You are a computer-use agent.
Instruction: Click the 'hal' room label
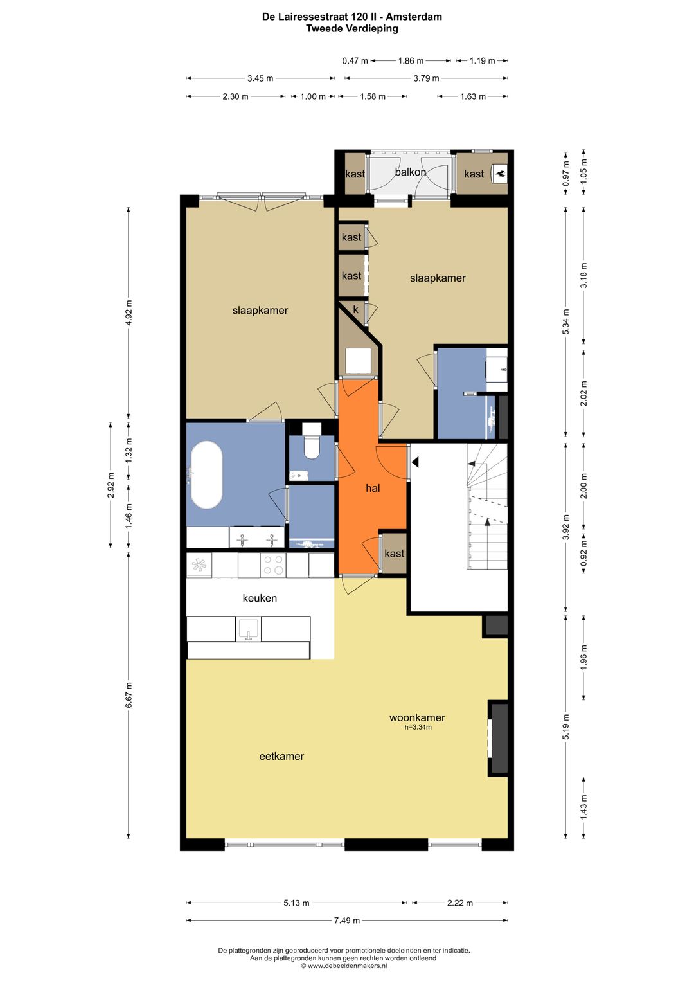pos(373,488)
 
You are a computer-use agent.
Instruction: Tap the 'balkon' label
pos(410,172)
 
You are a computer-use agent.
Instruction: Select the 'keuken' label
pos(260,598)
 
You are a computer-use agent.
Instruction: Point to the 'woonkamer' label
pos(417,717)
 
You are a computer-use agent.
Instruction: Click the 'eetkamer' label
pos(281,756)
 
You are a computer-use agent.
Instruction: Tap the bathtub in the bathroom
pos(206,474)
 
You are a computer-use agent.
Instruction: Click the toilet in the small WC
pos(312,442)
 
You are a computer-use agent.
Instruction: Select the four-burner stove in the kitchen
pos(273,565)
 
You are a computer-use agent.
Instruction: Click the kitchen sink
pos(249,629)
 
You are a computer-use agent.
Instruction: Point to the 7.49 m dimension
pos(347,920)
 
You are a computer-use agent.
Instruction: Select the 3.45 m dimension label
pos(260,78)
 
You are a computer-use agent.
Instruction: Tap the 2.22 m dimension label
pos(459,903)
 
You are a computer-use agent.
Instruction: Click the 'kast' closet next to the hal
pos(394,553)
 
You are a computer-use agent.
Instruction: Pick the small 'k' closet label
pos(355,310)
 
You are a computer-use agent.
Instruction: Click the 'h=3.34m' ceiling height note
pos(418,727)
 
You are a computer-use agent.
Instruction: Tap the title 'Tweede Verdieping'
pos(351,28)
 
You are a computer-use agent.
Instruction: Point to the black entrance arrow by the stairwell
pos(415,462)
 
